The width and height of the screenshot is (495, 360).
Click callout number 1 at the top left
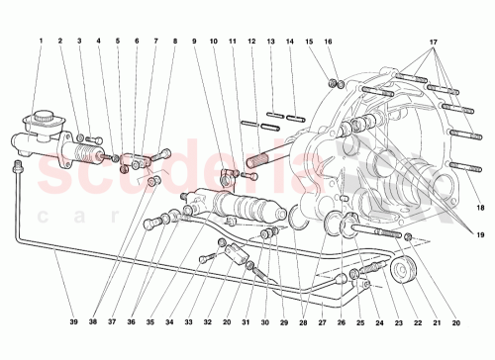[42, 42]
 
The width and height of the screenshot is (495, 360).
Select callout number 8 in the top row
[175, 42]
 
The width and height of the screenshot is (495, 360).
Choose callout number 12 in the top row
[251, 42]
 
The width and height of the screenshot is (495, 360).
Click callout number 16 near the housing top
[329, 42]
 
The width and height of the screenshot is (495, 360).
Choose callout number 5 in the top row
[118, 42]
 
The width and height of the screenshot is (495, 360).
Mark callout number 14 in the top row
[291, 42]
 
